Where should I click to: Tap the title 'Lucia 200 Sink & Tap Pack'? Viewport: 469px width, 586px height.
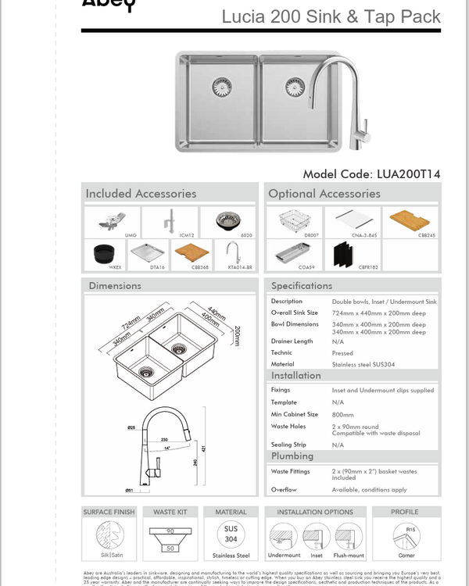[x=331, y=16]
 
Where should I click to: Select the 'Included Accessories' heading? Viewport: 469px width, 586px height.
[x=141, y=193]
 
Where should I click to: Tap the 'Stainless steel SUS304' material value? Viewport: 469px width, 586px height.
[x=360, y=363]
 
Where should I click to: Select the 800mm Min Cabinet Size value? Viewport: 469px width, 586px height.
[x=342, y=414]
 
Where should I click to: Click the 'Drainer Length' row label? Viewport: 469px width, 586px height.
[x=292, y=341]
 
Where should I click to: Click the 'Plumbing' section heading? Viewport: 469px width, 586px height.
[x=292, y=456]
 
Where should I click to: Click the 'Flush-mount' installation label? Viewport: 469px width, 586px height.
[x=349, y=556]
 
